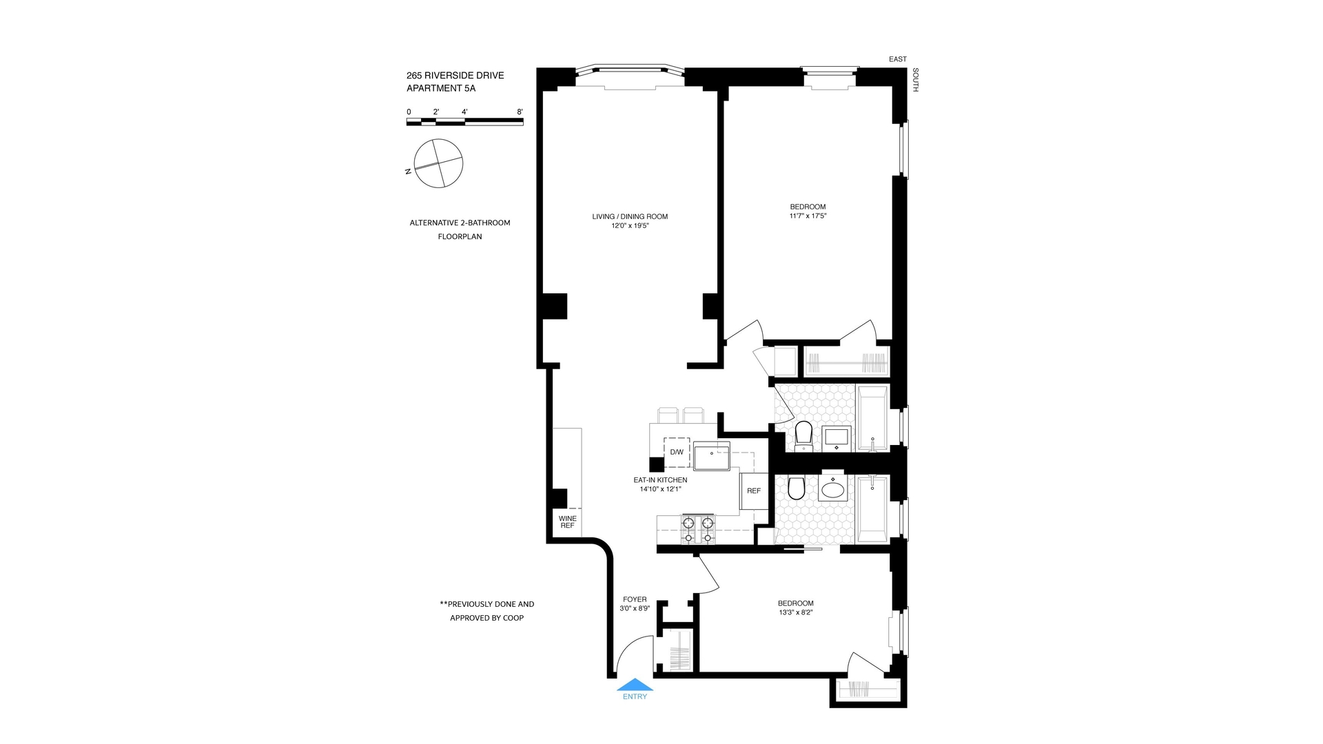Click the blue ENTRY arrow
(x=635, y=685)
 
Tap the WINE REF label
(x=567, y=522)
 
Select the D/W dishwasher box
(x=677, y=452)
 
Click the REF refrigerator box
(x=754, y=491)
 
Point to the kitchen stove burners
(x=697, y=529)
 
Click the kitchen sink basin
(x=711, y=456)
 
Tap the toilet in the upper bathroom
(x=803, y=435)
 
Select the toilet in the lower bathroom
(x=796, y=488)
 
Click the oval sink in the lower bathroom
(x=833, y=490)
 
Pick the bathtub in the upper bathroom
(x=872, y=418)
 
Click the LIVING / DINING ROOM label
(x=630, y=216)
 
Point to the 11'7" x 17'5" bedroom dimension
(x=808, y=216)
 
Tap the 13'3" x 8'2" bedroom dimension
(x=795, y=612)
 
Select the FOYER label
(x=635, y=599)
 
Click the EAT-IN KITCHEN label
(x=660, y=480)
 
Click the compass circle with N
(x=438, y=163)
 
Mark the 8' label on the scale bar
(x=520, y=112)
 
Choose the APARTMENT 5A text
(x=441, y=88)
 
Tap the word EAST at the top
(x=898, y=59)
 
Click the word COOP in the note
(x=513, y=618)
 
